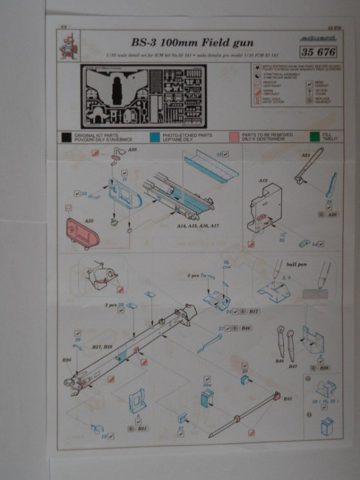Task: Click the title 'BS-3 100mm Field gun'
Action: click(x=192, y=42)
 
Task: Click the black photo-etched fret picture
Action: click(x=143, y=96)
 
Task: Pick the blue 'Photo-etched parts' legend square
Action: click(x=155, y=137)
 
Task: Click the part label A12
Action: click(x=262, y=182)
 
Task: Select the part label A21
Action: click(x=305, y=155)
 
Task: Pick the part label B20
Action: click(x=67, y=360)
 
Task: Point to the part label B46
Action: click(x=246, y=328)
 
